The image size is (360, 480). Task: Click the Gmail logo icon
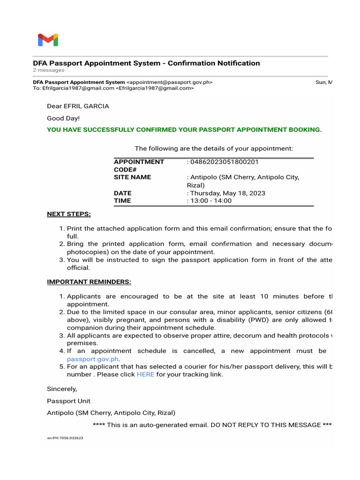click(x=48, y=40)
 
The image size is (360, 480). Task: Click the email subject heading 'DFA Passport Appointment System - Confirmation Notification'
click(x=146, y=63)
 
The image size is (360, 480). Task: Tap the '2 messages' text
click(x=49, y=70)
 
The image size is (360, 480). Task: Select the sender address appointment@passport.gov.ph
click(x=170, y=82)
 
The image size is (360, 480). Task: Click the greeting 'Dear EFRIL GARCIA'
click(x=78, y=106)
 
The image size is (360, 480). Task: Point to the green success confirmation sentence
click(x=184, y=130)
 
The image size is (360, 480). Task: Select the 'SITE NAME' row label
click(x=133, y=177)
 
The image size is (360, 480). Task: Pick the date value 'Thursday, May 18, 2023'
click(x=227, y=193)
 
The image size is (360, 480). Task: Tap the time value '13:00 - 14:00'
click(x=210, y=201)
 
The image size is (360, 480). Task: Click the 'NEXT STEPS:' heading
click(x=69, y=214)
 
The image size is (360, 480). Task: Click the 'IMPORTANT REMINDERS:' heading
click(x=89, y=282)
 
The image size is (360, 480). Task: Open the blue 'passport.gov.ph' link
click(x=93, y=359)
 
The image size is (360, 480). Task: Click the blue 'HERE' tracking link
click(x=145, y=375)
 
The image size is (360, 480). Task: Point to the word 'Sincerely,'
click(x=62, y=389)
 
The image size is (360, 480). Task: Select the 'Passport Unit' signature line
click(x=69, y=401)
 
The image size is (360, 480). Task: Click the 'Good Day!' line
click(x=63, y=119)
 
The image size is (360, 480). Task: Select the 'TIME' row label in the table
click(x=122, y=201)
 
